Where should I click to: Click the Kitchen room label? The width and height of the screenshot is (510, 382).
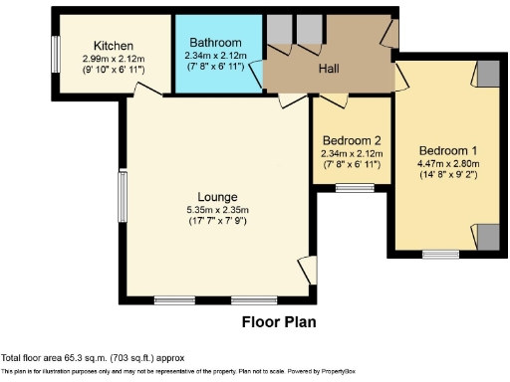click(x=113, y=46)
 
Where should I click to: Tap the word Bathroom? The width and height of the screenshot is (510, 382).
click(x=216, y=43)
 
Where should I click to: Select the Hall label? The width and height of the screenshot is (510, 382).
click(x=330, y=69)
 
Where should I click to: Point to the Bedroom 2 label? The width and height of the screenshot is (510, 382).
click(x=351, y=140)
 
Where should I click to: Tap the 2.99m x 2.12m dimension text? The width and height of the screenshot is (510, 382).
click(x=113, y=59)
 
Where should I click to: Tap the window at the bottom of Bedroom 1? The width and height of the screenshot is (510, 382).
click(x=436, y=254)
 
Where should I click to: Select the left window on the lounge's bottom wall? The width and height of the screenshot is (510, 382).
click(x=173, y=299)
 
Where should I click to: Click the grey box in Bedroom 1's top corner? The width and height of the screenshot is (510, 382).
click(x=485, y=72)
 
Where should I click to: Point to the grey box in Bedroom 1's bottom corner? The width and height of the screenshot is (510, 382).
click(x=485, y=237)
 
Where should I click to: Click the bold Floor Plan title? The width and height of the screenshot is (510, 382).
click(x=279, y=322)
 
